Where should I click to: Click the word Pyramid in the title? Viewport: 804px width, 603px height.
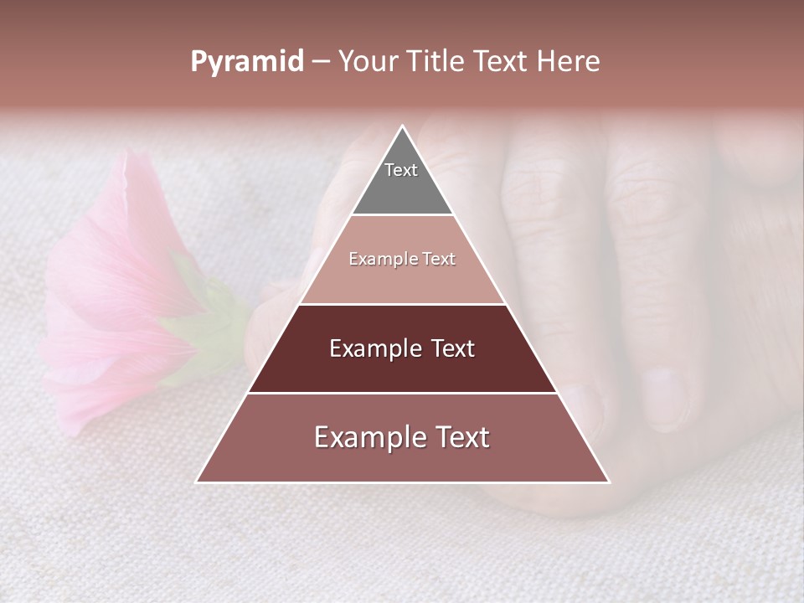click(x=246, y=62)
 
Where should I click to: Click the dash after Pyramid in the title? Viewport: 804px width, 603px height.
click(x=321, y=62)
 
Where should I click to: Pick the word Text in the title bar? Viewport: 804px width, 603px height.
click(x=502, y=62)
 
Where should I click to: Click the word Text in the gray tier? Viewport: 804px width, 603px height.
click(x=401, y=170)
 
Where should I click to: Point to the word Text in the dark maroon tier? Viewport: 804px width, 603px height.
click(x=453, y=348)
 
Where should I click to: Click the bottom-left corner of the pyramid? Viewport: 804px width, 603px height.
click(x=198, y=482)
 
